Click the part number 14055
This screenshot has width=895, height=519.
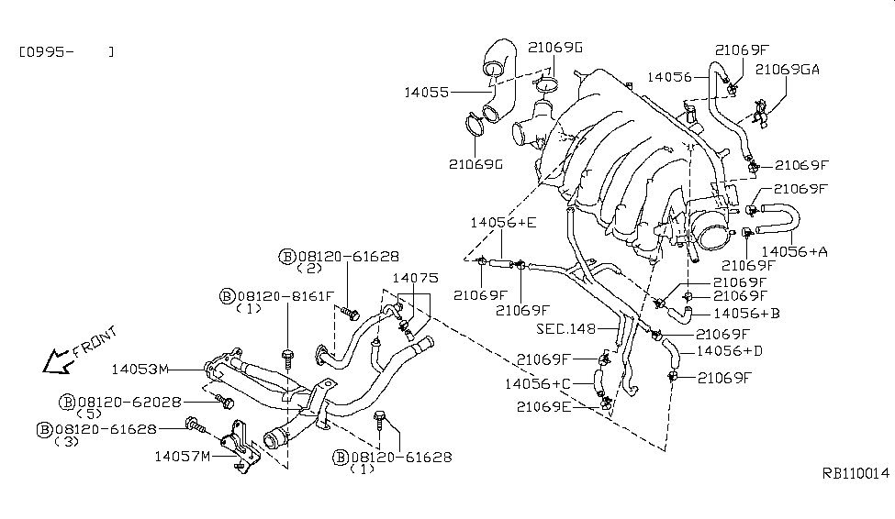coord(426,92)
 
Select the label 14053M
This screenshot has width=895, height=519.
coord(140,369)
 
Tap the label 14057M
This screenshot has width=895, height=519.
coord(183,457)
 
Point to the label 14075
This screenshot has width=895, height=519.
coord(416,278)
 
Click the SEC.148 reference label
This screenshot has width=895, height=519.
coord(566,329)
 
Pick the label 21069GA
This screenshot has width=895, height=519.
coord(787,70)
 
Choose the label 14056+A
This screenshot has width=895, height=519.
coord(795,251)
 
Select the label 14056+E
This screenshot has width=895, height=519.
coord(503,223)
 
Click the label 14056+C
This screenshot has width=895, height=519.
coord(538,384)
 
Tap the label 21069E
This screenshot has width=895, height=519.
coord(543,406)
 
